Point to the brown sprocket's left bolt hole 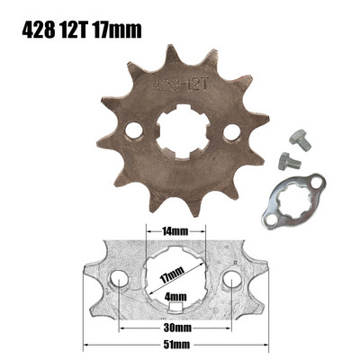(x=133, y=131)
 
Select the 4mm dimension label (x=176, y=296)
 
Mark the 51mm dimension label (x=176, y=343)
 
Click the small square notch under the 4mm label (x=176, y=308)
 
